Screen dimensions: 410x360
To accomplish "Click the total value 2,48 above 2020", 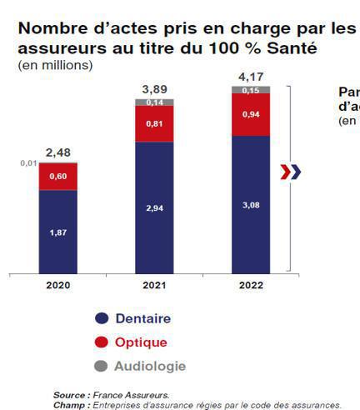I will [x=57, y=152].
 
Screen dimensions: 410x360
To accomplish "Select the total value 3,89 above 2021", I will [x=154, y=87].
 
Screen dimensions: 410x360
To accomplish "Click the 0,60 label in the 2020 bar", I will [x=57, y=176].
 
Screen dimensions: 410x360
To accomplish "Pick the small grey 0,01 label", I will [x=28, y=163].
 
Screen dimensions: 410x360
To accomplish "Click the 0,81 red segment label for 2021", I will [x=154, y=123].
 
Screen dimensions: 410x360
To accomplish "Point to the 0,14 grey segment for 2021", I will [x=154, y=102].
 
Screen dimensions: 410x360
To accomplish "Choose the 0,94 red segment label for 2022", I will [x=250, y=113].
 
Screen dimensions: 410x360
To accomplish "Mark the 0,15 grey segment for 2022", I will [x=250, y=90].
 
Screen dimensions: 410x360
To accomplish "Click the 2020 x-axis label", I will [x=57, y=285].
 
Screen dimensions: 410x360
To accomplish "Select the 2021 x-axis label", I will [x=154, y=285].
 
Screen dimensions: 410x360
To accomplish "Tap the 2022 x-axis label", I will [x=250, y=285].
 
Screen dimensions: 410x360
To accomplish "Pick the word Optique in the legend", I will [x=142, y=342].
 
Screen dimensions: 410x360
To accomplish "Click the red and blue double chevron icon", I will [x=290, y=172].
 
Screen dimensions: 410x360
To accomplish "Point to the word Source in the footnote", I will [x=69, y=395].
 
